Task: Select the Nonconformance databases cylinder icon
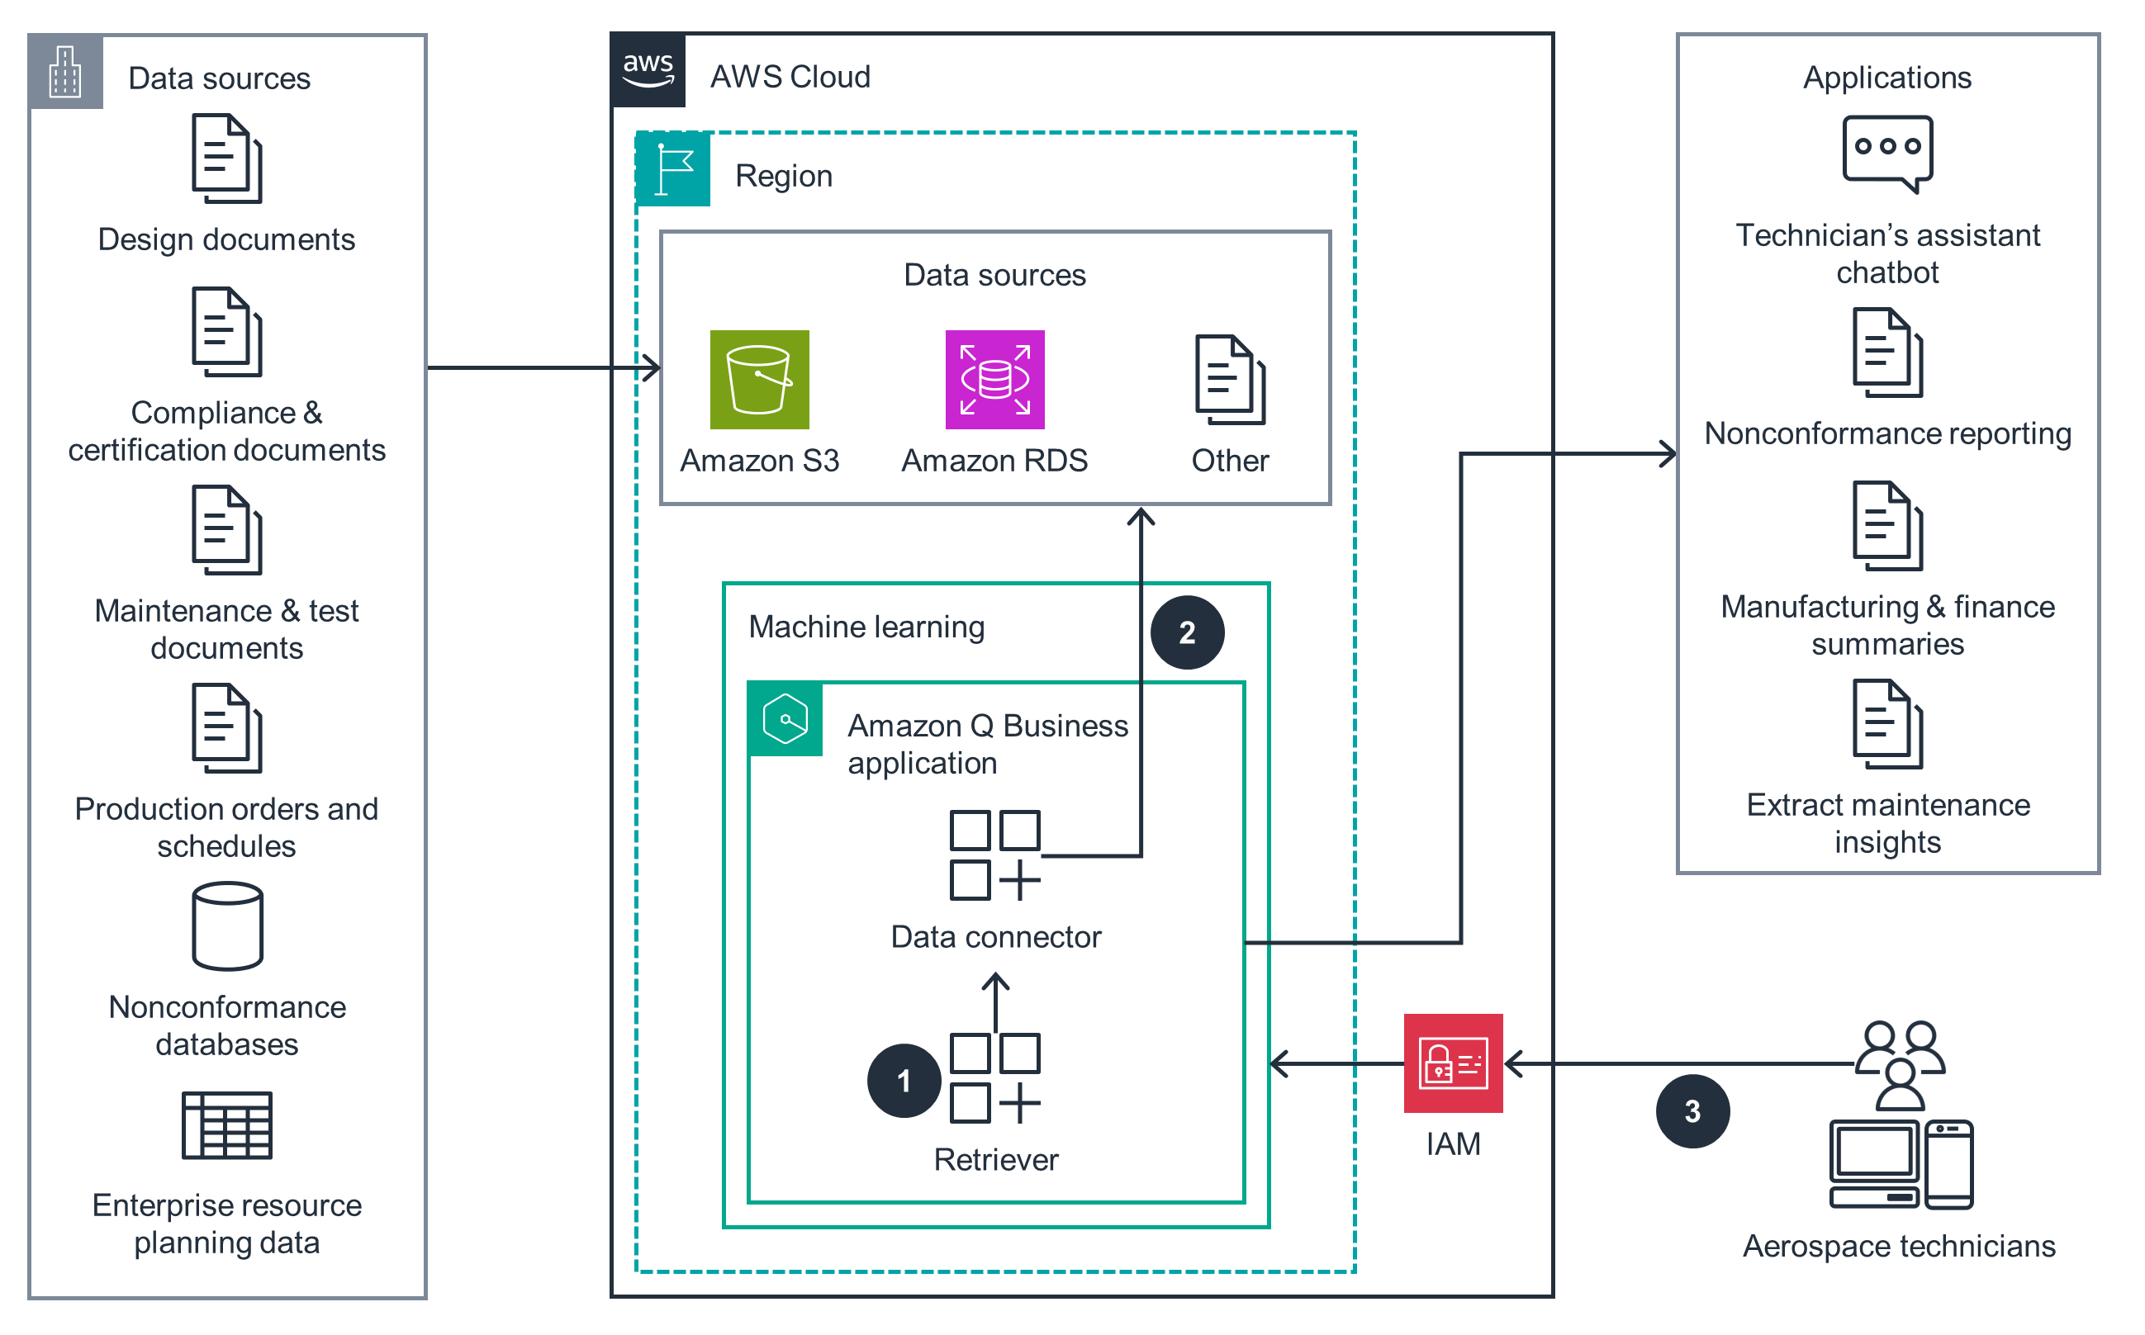coord(228,928)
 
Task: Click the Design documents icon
coord(228,159)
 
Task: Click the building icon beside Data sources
coord(66,73)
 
